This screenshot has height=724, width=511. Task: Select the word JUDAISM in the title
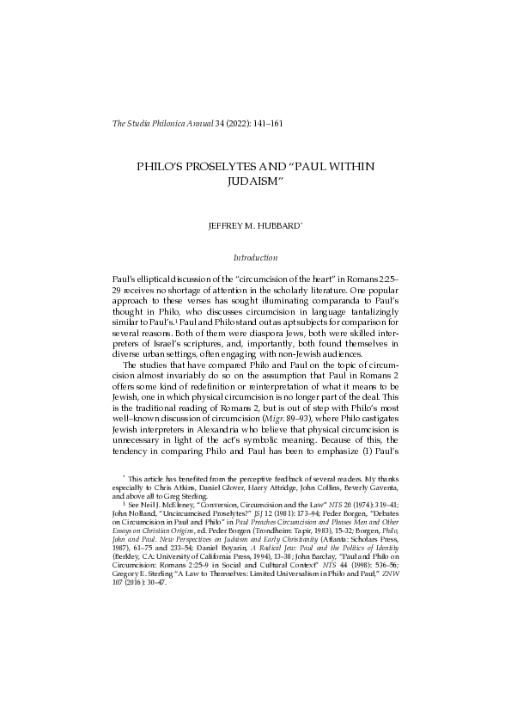(x=255, y=182)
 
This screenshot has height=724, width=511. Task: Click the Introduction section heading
(x=255, y=258)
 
